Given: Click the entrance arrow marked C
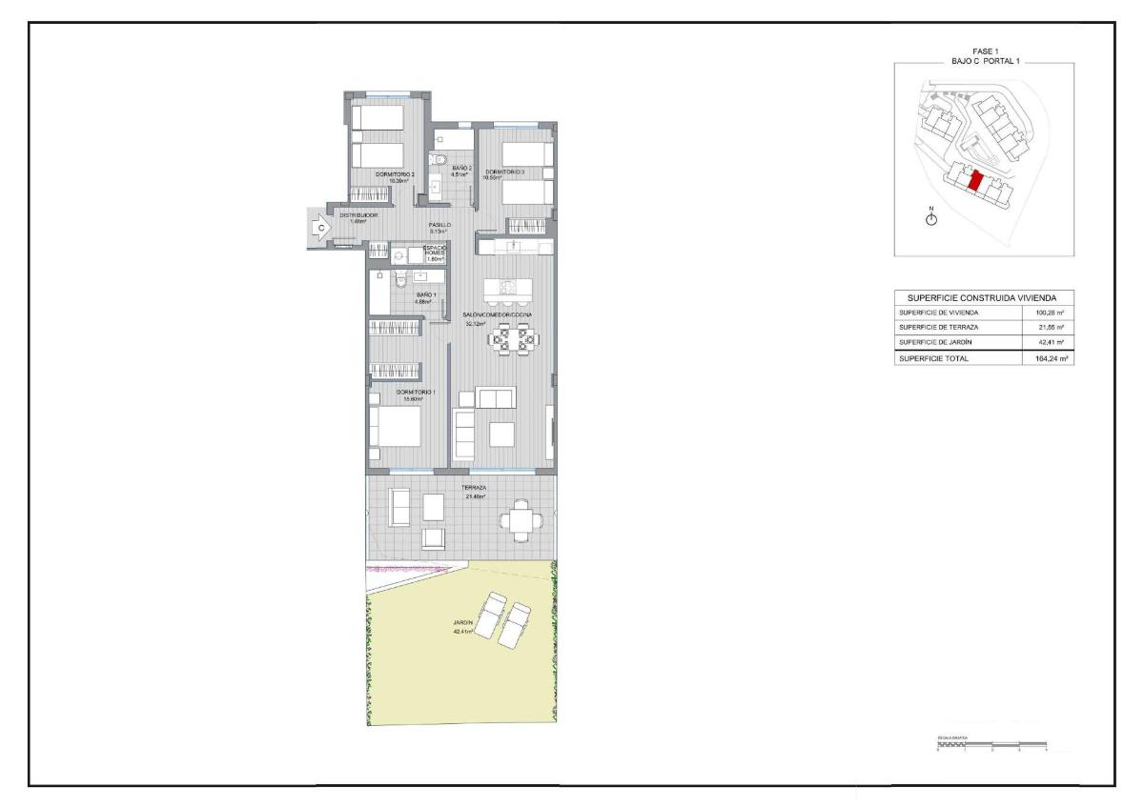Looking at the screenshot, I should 321,229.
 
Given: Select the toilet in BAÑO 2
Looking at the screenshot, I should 438,158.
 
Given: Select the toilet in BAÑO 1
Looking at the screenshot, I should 401,277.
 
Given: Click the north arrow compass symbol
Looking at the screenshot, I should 931,219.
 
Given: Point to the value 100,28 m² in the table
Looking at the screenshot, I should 1049,313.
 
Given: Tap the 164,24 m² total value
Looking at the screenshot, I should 1049,358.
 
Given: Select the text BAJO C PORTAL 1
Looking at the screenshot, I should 985,60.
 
